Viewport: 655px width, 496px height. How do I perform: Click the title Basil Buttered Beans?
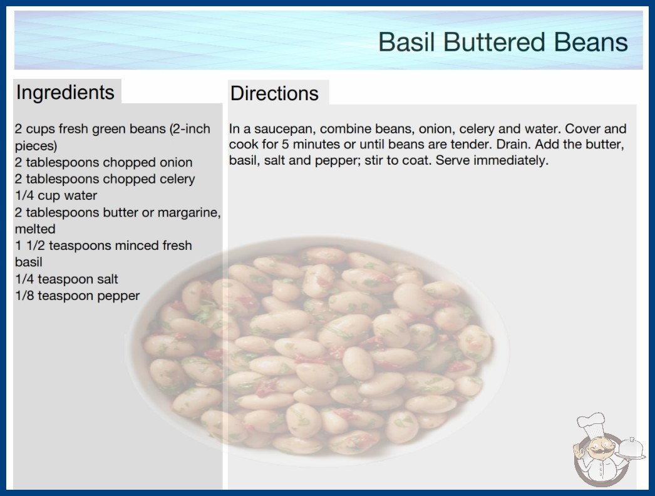tap(503, 42)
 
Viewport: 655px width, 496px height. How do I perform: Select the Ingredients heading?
tap(65, 93)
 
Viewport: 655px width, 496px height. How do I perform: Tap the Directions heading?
tap(274, 93)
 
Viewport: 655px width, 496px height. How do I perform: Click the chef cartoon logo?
tap(608, 450)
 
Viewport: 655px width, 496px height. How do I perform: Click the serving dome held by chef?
tap(632, 449)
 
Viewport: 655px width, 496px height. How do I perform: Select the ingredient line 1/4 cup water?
tap(56, 195)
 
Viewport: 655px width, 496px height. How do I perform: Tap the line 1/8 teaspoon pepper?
tap(77, 296)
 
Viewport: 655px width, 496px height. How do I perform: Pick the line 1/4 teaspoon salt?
tap(66, 279)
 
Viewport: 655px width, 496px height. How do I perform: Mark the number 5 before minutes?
tap(285, 145)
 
